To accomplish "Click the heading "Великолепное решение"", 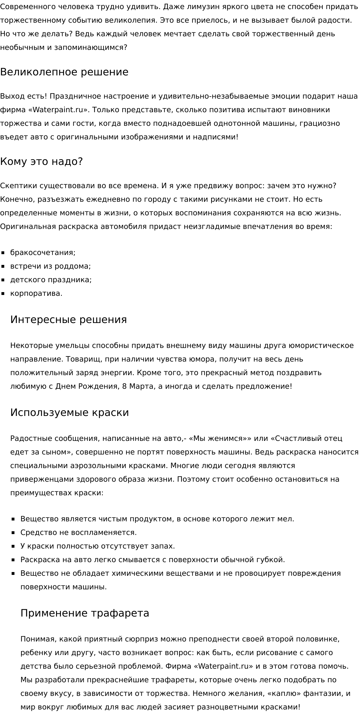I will pos(64,72).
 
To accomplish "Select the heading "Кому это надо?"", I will pos(41,161).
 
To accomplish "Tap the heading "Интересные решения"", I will pos(68,319).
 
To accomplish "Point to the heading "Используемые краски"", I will pos(69,413).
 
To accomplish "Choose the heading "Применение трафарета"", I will pos(85,613).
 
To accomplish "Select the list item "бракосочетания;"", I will pos(43,252).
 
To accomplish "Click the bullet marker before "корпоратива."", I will pos(3,294).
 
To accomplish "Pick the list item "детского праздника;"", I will pos(51,280).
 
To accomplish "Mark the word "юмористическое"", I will pos(321,345).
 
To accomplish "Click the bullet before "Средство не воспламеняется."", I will pos(13,533).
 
